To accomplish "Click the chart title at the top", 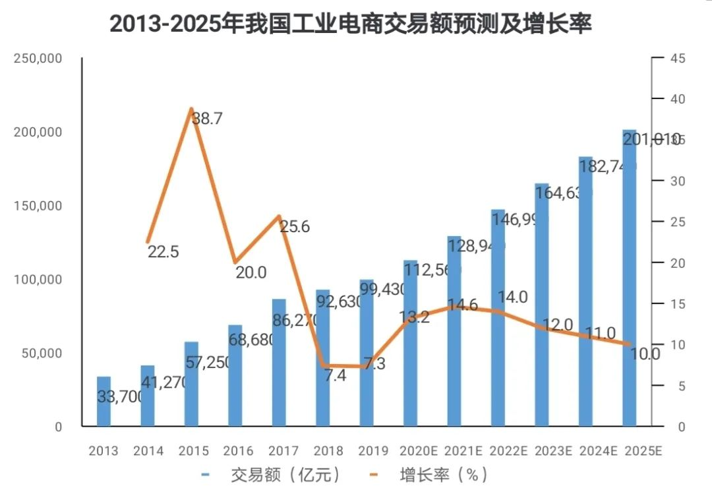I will (350, 24).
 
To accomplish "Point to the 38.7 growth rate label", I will (207, 119).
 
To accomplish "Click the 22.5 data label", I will (163, 252).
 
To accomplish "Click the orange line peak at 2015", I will (191, 109).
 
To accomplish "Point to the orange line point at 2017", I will (279, 216).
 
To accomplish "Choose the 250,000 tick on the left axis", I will (38, 59).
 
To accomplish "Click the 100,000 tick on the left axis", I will (38, 280).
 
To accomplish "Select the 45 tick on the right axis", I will (678, 59).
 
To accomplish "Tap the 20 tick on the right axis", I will (678, 263).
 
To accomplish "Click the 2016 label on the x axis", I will (238, 451).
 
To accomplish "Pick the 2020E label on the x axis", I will (418, 451).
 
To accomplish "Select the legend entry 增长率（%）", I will (441, 475).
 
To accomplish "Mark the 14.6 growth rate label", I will (463, 305).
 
